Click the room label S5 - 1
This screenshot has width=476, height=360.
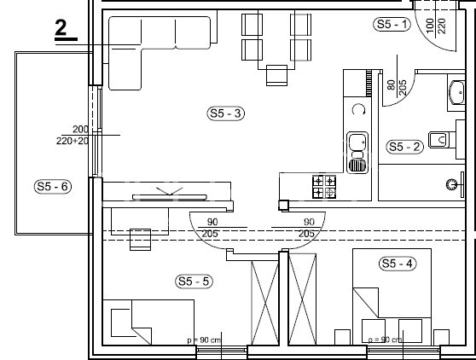tap(392, 25)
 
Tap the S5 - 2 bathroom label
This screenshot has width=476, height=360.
tap(404, 147)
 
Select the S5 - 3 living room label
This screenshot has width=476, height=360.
tap(226, 113)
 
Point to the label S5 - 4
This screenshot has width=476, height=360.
tap(397, 264)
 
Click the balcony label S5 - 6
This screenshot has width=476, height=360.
tap(51, 185)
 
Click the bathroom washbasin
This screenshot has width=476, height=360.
tap(454, 92)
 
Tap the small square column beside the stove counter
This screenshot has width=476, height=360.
tap(282, 205)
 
